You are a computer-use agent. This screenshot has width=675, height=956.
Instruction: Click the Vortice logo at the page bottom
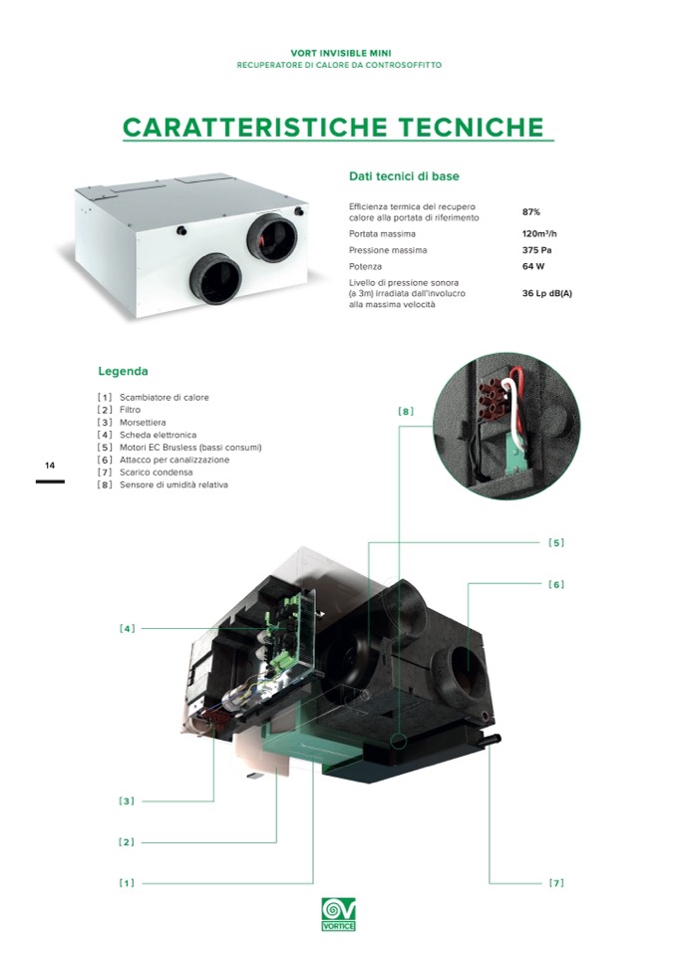point(338,914)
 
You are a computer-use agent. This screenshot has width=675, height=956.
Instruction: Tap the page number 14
point(50,466)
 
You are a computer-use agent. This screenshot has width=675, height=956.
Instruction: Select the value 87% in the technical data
point(531,212)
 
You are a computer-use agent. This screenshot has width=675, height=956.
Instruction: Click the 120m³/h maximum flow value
point(539,233)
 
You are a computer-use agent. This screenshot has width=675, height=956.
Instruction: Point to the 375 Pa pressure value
point(537,250)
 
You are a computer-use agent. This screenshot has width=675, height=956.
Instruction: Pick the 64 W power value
point(533,266)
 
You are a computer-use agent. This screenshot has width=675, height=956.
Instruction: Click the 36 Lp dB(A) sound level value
point(547,293)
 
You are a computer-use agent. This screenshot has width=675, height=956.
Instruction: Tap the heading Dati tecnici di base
point(404,176)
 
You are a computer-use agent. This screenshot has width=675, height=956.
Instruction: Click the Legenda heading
point(124,371)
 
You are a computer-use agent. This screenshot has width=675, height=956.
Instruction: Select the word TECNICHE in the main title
point(472,128)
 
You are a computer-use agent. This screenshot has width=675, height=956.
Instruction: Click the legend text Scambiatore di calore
point(165,398)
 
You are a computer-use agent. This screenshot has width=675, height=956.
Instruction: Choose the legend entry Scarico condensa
point(157,473)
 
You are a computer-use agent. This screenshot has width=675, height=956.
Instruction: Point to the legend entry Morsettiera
point(143,423)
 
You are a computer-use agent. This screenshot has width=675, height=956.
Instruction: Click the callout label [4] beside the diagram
point(128,629)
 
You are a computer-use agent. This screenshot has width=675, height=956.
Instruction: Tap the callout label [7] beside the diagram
point(556,883)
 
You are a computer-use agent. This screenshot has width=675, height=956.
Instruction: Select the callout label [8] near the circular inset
point(406,412)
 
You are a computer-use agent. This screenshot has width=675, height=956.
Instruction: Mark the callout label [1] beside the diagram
point(127,883)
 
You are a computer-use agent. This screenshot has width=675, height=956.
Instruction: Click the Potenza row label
point(365,266)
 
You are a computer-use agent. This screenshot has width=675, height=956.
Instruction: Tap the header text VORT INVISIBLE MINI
point(341,53)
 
